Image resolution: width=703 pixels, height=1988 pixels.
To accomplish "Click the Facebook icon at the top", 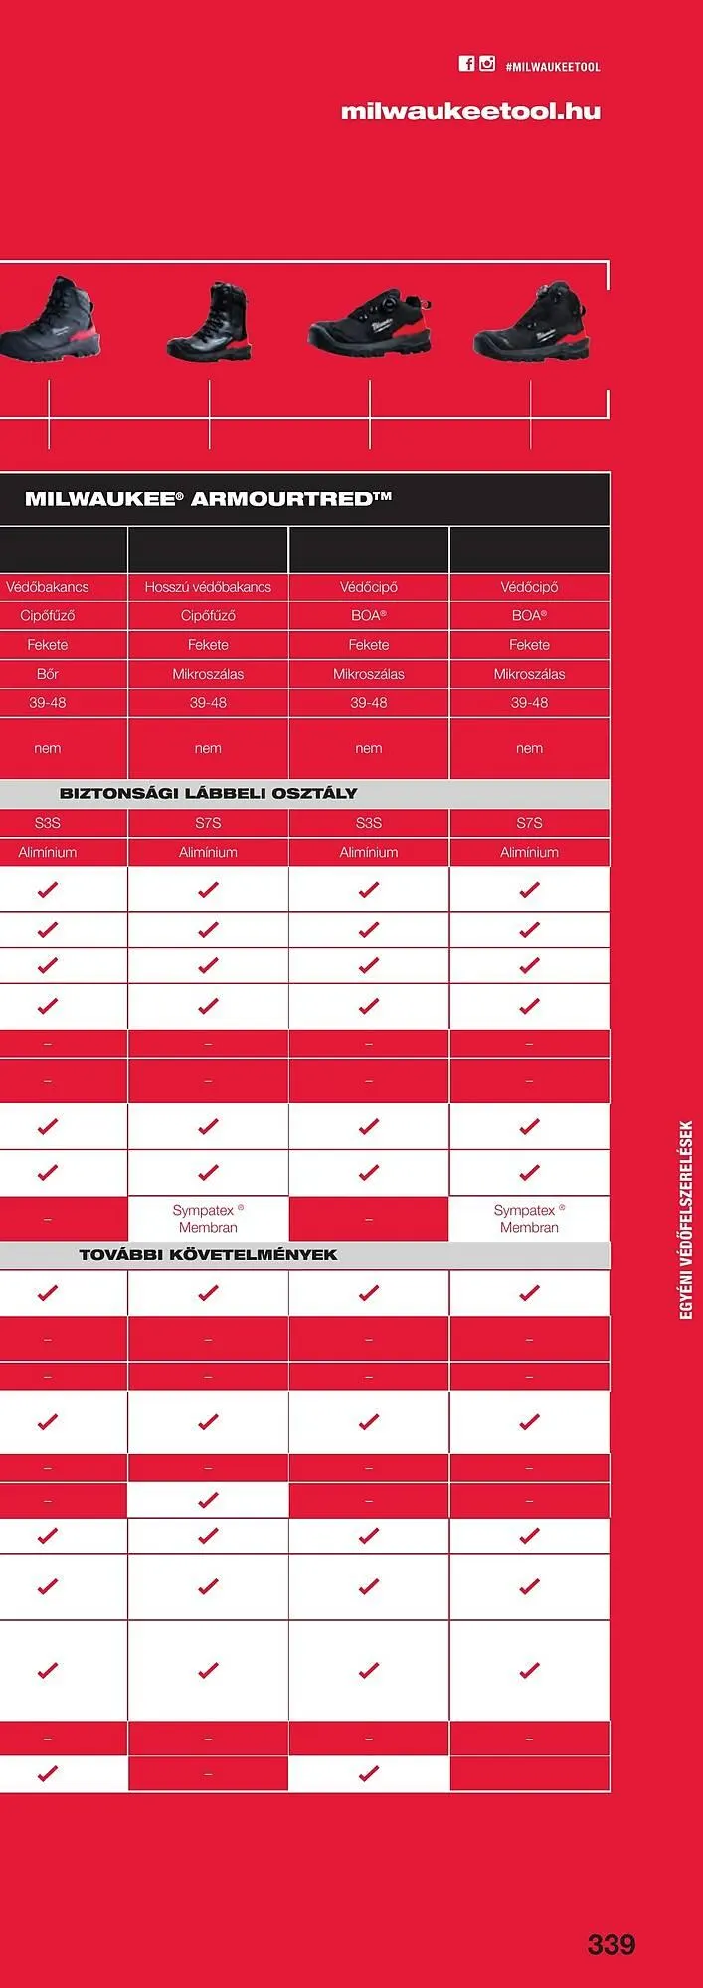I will tap(466, 64).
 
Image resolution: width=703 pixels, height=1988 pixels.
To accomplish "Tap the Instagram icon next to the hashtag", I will tap(487, 64).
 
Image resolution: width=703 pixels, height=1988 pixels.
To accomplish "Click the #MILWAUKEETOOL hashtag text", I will tap(553, 67).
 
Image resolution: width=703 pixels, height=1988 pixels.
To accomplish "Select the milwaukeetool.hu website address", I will tap(470, 111).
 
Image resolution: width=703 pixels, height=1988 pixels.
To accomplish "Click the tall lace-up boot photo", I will tap(210, 322).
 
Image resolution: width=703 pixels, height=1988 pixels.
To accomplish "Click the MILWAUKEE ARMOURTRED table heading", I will tap(208, 498).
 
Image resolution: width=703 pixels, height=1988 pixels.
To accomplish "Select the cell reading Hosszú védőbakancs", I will tap(208, 587).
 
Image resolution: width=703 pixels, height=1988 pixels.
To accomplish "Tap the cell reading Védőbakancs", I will tap(48, 587).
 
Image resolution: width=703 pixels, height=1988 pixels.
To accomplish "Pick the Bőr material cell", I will tap(48, 674).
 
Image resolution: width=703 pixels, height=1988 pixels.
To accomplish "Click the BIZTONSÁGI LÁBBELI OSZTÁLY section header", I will tap(208, 793).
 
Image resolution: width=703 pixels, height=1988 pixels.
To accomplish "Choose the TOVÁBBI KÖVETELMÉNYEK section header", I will tap(208, 1254).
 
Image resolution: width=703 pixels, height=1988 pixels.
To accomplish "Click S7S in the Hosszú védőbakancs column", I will tap(208, 823).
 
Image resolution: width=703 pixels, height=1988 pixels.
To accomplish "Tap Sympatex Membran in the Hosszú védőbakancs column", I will tap(208, 1218).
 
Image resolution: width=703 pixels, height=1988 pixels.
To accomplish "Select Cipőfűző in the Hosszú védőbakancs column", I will tap(208, 616).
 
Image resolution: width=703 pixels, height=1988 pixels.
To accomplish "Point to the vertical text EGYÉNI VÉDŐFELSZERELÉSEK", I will tap(686, 1220).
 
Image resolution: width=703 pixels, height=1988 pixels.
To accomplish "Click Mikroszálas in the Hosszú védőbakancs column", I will tap(208, 674).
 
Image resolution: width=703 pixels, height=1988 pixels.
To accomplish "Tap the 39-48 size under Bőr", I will tap(48, 703).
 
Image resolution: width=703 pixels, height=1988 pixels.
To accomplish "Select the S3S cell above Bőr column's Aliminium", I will tap(48, 823).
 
